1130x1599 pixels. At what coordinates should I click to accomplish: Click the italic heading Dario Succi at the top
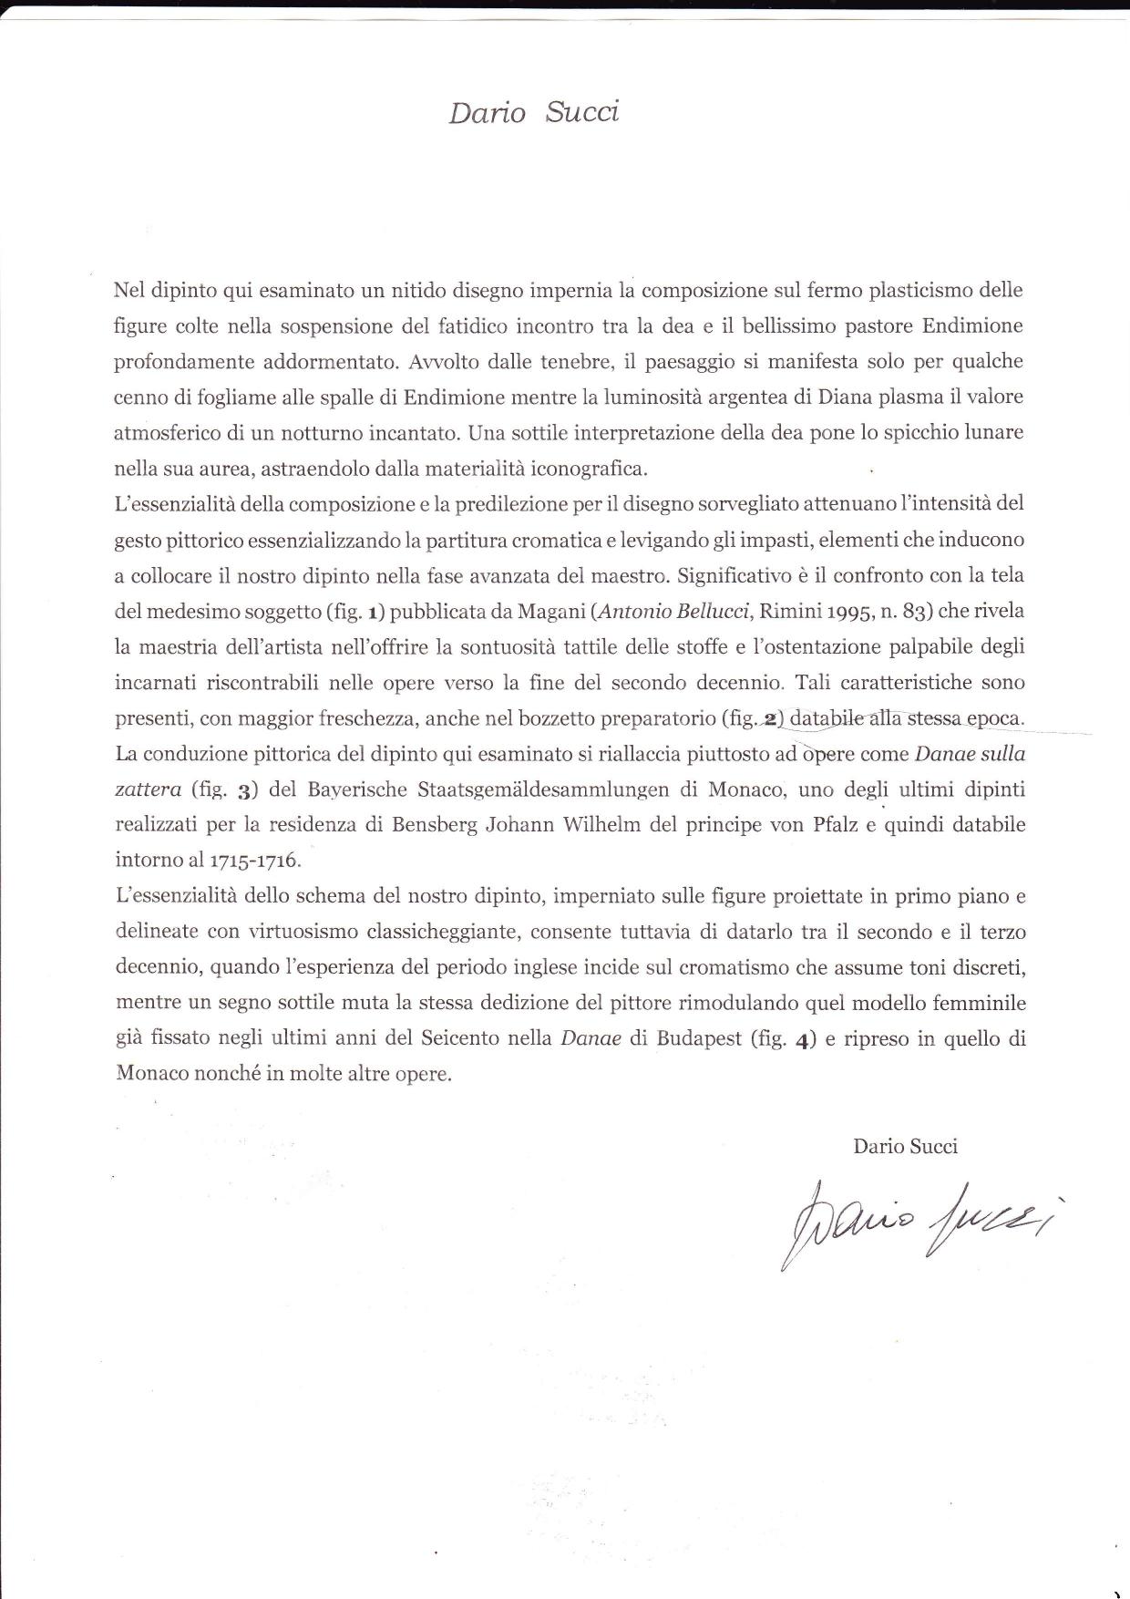pos(533,113)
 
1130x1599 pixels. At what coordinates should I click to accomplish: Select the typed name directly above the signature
pos(905,1146)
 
